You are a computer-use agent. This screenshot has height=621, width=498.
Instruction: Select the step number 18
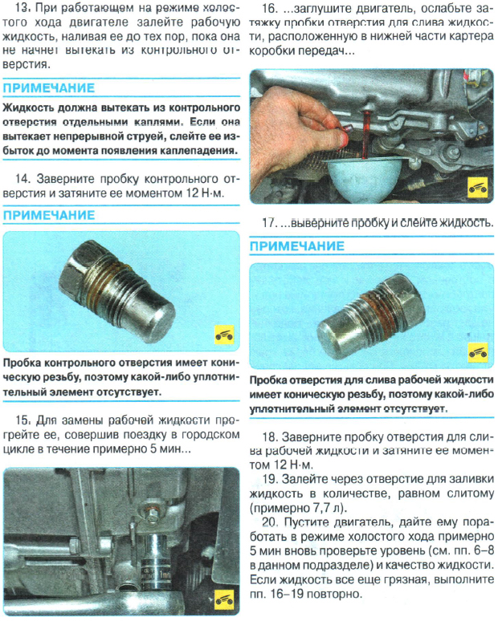(x=271, y=436)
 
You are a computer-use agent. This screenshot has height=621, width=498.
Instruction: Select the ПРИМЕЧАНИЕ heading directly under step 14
(x=49, y=216)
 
